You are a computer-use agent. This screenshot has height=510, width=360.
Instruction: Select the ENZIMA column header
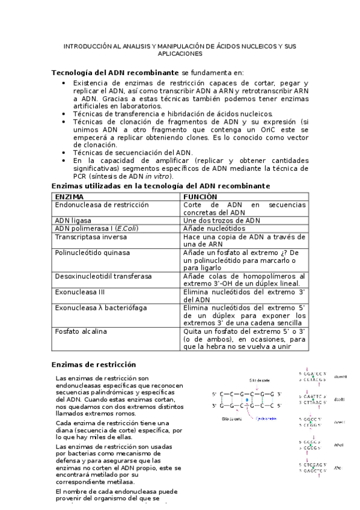70,197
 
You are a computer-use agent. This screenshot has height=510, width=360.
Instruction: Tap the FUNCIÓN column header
201,197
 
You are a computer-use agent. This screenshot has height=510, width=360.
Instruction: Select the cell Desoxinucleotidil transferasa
103,276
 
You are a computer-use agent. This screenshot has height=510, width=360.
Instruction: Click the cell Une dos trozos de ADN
222,221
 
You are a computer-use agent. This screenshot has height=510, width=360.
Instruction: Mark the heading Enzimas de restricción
94,364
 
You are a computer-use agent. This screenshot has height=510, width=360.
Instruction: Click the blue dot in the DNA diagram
247,400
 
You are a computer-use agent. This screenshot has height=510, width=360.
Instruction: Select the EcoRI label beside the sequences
338,399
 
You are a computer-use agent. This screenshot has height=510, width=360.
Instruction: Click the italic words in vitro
158,176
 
